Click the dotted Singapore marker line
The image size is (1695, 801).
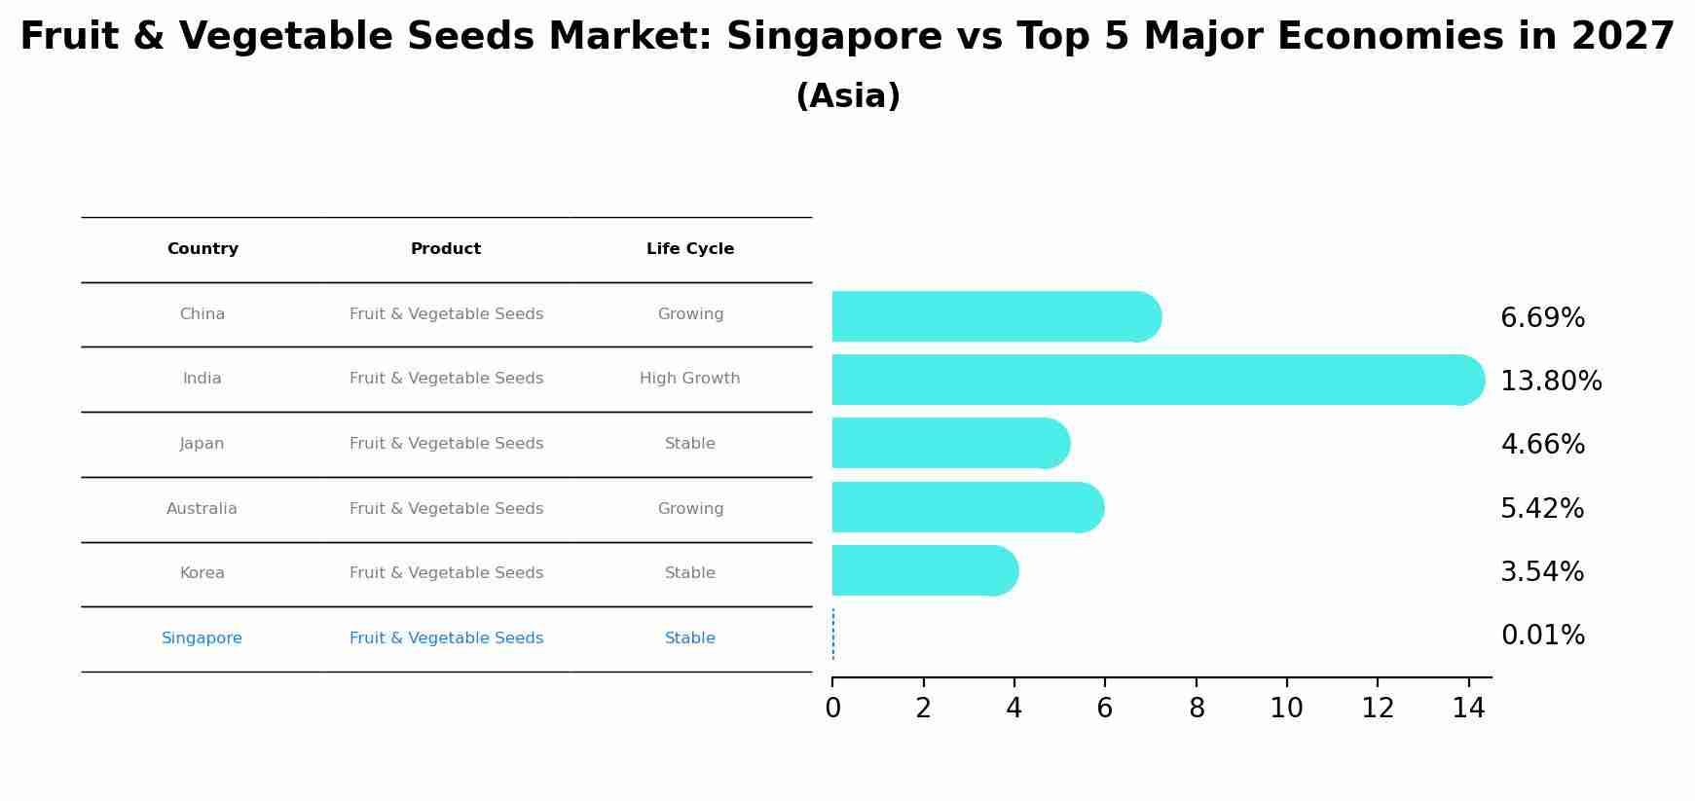click(833, 635)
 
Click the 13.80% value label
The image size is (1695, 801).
click(1550, 382)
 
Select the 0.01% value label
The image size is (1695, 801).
click(1542, 636)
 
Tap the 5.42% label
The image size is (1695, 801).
click(1542, 509)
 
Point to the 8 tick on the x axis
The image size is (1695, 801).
click(1196, 709)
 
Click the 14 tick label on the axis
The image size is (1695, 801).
click(1467, 709)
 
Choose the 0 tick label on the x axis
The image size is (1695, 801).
click(832, 709)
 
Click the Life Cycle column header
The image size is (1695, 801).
click(689, 249)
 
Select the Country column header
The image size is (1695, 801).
click(203, 249)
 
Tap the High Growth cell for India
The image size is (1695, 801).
click(689, 379)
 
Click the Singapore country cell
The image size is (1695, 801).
click(202, 638)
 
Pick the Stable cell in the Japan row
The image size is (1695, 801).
click(689, 444)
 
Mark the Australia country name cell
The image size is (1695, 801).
click(202, 509)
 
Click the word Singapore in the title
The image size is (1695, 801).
click(833, 37)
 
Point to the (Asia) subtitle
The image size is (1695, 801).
click(847, 96)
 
